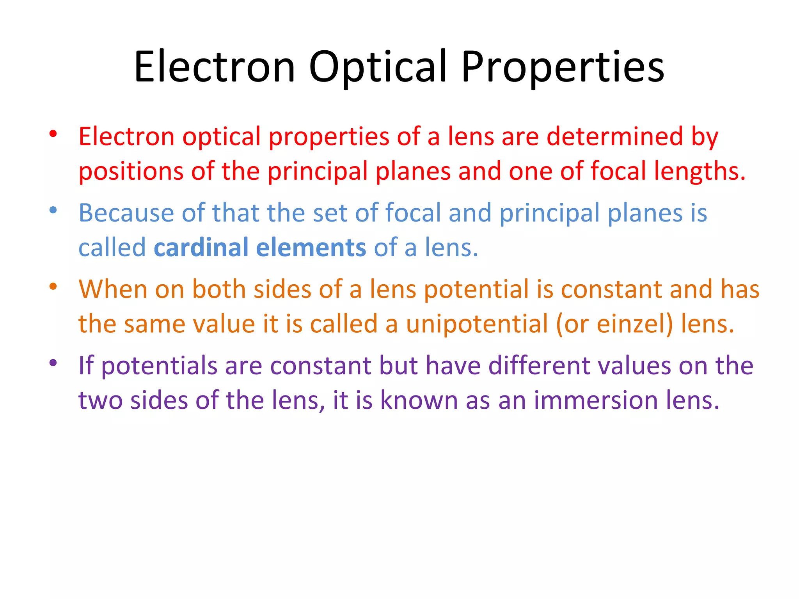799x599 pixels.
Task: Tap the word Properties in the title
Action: (563, 67)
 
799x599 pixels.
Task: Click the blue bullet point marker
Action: (53, 211)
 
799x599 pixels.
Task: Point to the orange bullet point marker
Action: (53, 287)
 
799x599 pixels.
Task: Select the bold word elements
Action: (311, 247)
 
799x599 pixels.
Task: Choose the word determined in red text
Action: (615, 136)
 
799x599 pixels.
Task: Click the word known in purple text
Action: (419, 400)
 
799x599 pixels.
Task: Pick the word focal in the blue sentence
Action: (413, 213)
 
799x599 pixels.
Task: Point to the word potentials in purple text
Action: (159, 366)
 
